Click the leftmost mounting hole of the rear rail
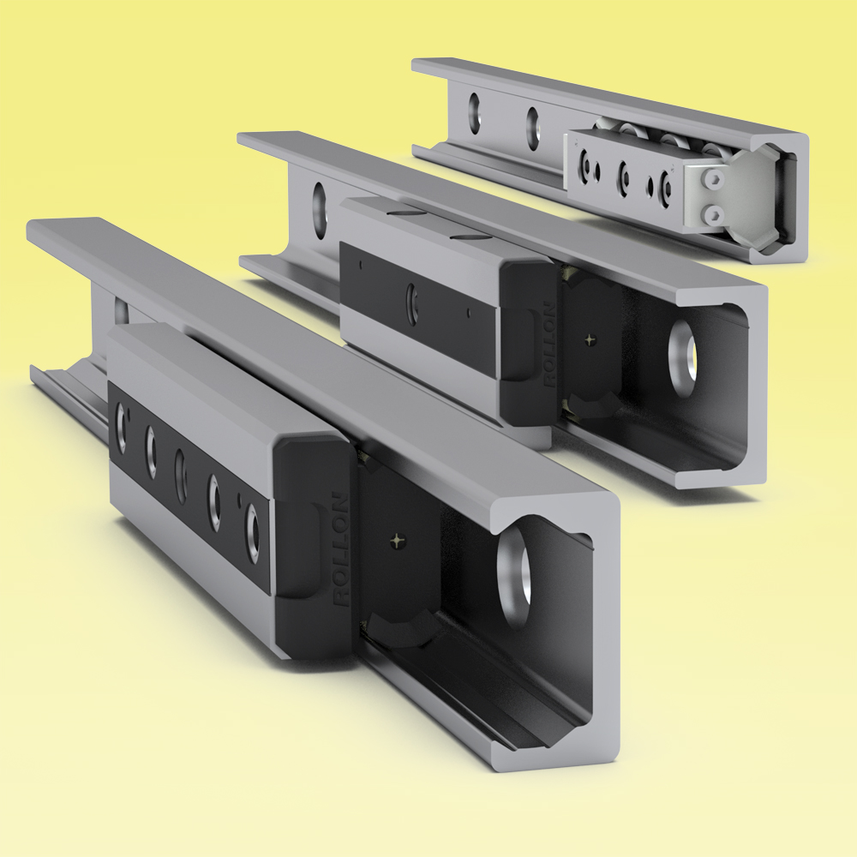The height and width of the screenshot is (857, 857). coord(473,110)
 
